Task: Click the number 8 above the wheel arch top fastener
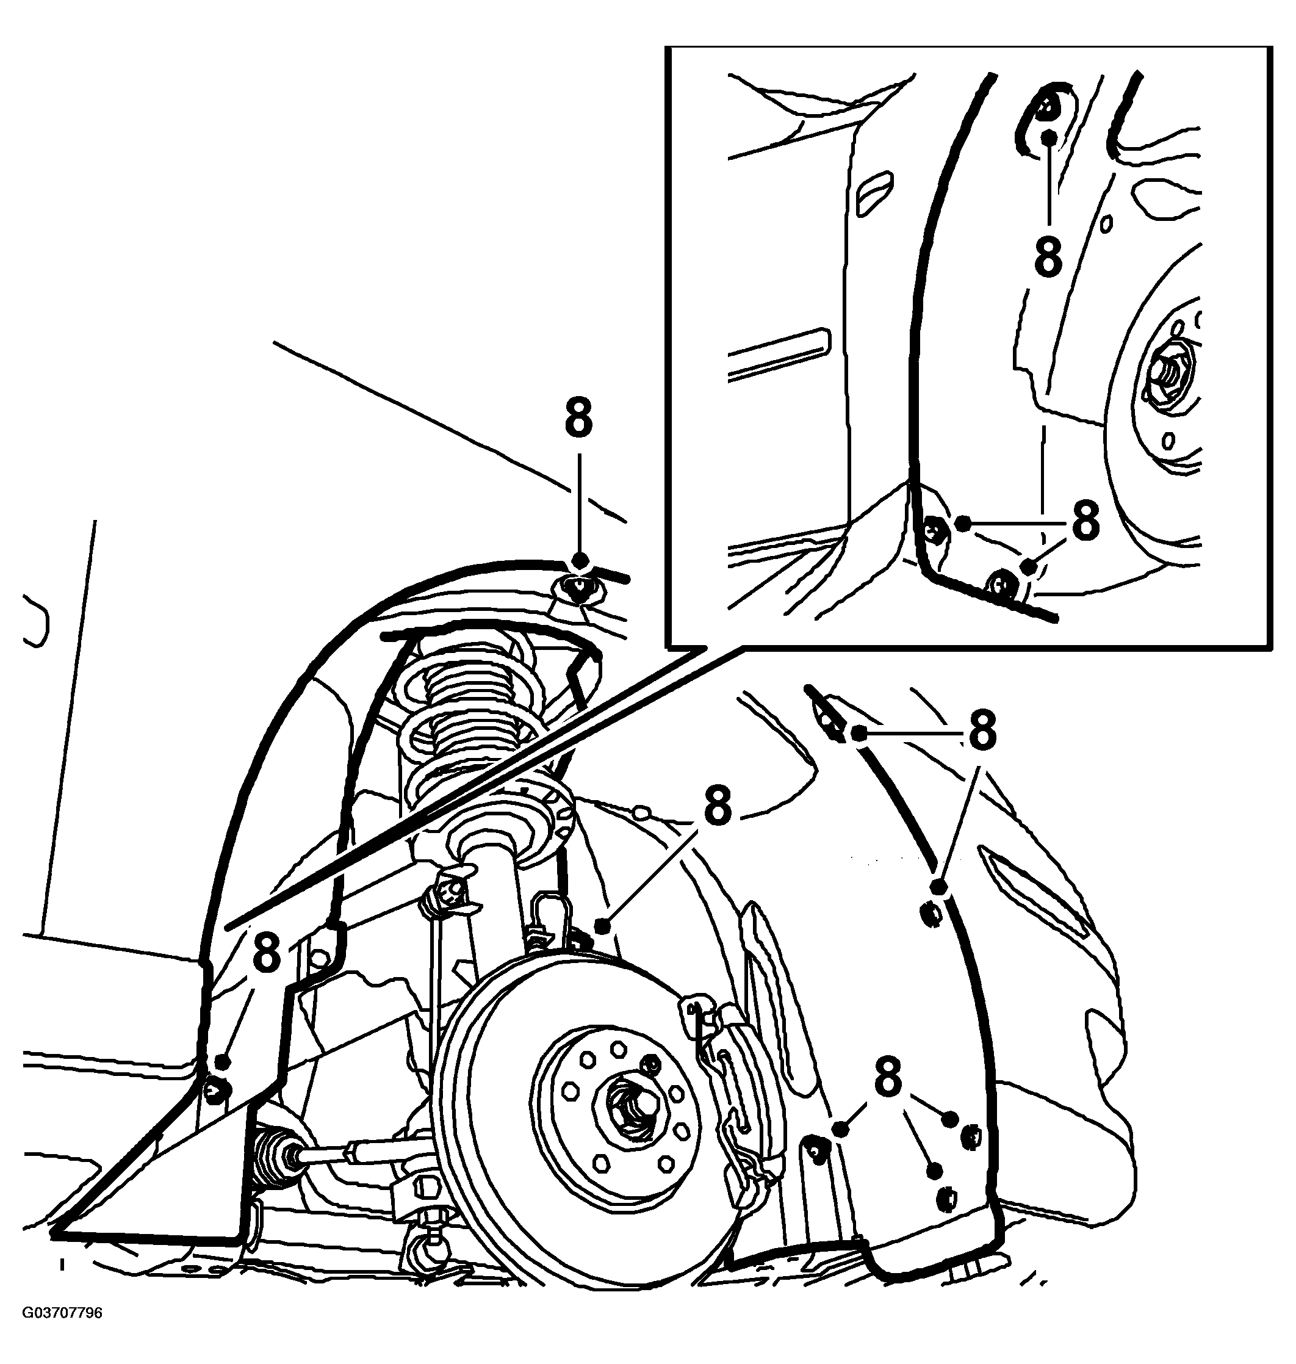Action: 579,417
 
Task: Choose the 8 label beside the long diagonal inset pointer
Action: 267,952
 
